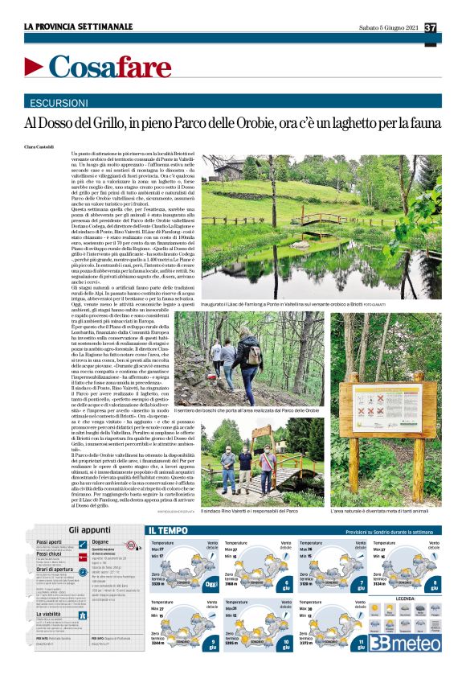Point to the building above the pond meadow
[229, 169]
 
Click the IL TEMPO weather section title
[170, 530]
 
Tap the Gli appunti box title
[89, 529]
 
